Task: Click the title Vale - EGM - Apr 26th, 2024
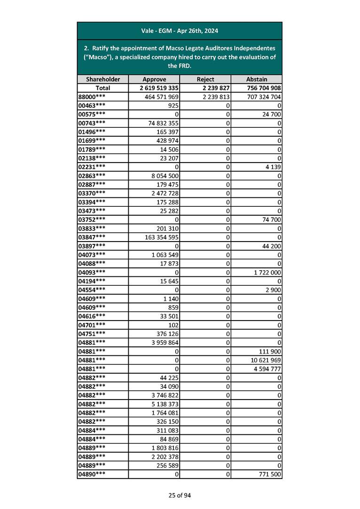tap(180, 31)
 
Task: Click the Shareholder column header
tap(102, 79)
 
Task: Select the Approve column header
tap(154, 79)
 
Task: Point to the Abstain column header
tap(256, 79)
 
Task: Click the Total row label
tap(102, 88)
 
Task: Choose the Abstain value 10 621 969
tap(266, 360)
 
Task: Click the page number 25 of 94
tap(180, 495)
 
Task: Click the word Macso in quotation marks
tap(94, 57)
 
